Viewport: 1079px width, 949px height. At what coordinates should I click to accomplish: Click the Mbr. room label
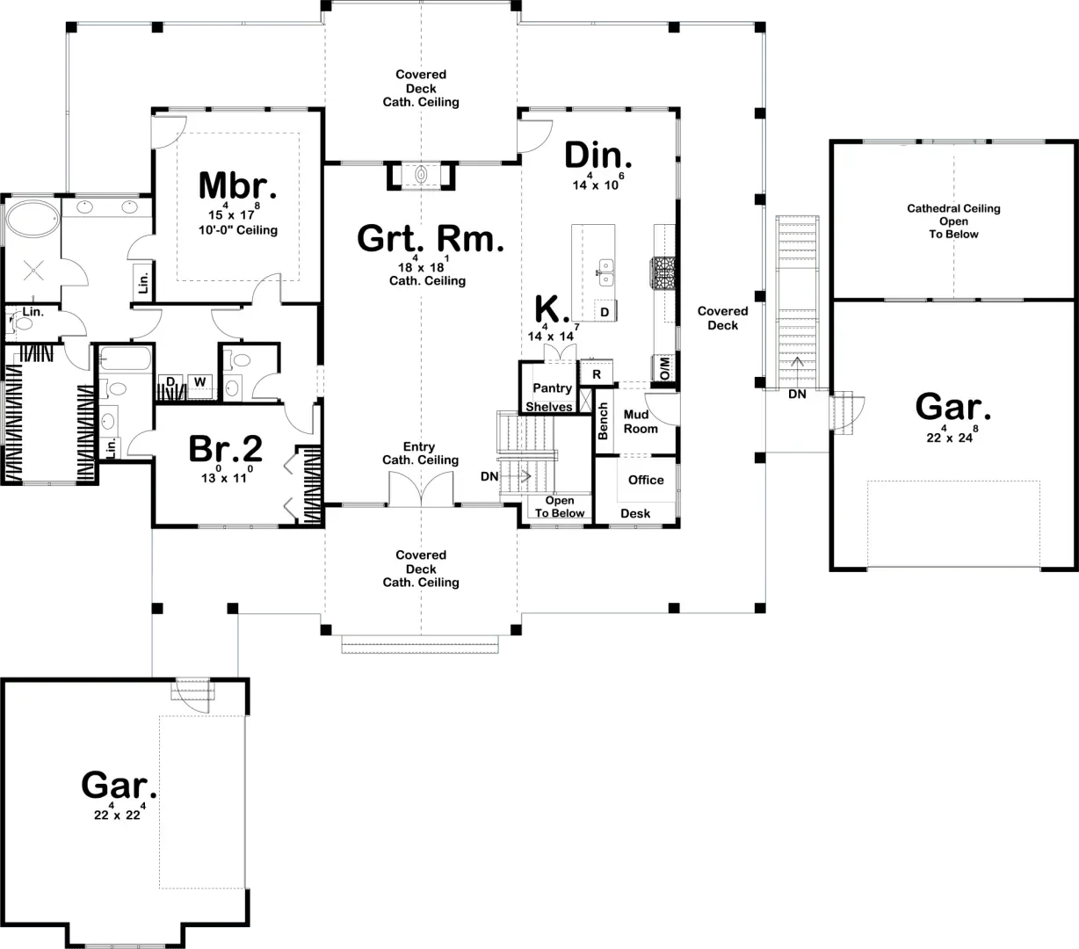point(237,186)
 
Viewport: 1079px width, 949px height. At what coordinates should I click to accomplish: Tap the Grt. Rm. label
point(431,239)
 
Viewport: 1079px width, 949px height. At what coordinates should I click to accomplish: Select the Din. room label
point(597,156)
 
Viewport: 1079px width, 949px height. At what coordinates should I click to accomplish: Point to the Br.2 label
point(226,449)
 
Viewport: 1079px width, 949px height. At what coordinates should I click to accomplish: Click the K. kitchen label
point(553,309)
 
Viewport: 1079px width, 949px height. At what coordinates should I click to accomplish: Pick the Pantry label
point(552,388)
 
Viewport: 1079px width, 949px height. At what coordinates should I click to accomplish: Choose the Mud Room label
point(641,422)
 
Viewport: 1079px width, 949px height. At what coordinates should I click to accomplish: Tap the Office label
point(646,480)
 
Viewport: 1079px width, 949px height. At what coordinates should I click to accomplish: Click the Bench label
point(604,422)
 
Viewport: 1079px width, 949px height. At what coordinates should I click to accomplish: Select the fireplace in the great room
point(422,175)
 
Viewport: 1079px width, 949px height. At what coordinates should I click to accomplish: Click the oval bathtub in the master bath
point(32,221)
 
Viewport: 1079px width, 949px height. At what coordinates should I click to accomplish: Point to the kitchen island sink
point(605,272)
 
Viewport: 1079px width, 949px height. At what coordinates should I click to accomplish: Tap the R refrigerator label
point(597,374)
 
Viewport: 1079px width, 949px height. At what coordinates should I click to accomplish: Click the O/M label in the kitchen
point(664,368)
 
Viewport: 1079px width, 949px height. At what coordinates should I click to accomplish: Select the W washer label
point(199,382)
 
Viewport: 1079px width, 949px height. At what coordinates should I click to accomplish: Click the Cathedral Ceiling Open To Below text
point(953,221)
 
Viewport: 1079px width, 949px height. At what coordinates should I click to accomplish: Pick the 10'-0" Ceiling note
point(237,230)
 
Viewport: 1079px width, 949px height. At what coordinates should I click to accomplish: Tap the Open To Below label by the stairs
point(560,507)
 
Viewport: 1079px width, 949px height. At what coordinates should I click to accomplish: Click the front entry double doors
point(422,489)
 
